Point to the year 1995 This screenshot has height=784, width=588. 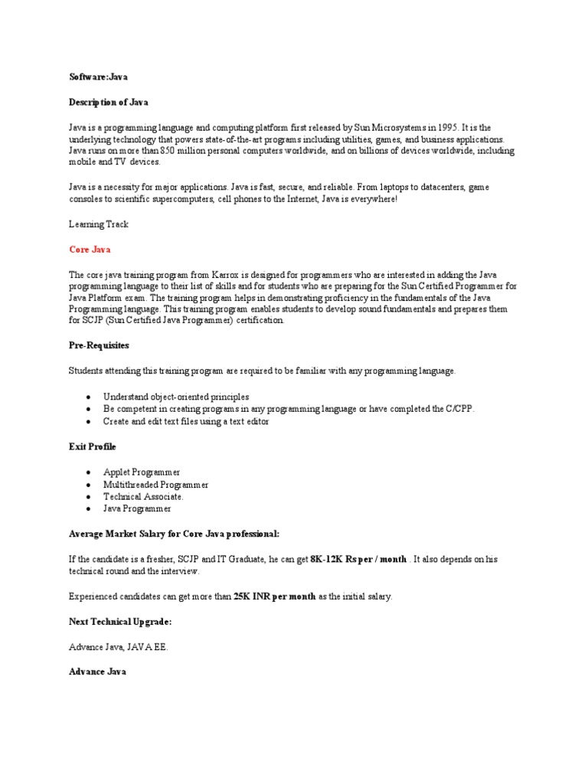[x=443, y=128]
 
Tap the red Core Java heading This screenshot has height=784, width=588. [x=90, y=250]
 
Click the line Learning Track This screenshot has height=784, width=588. [x=99, y=224]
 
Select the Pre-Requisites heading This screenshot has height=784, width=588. [x=99, y=346]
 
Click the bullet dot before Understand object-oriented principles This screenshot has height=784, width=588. [x=90, y=397]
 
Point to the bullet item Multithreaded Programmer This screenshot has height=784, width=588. [x=155, y=484]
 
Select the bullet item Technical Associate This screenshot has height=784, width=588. [x=143, y=496]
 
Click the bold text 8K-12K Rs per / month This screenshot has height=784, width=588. [x=358, y=560]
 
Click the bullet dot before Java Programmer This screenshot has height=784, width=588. [x=90, y=509]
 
